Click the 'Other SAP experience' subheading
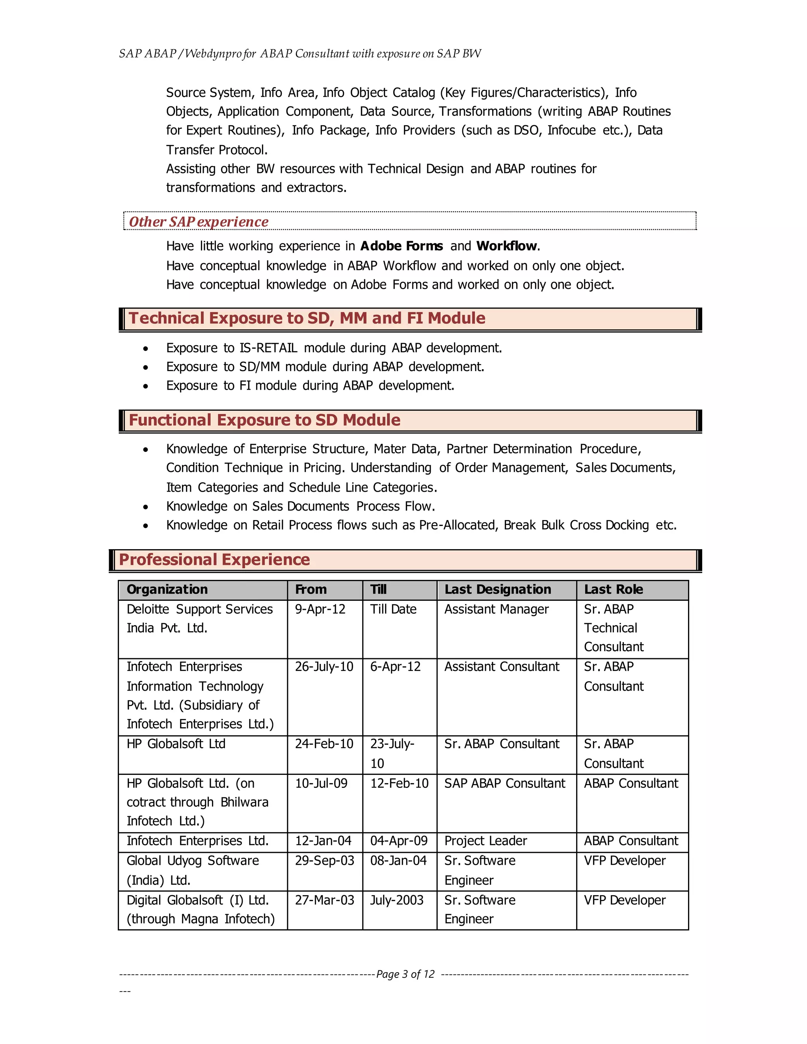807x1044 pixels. (199, 222)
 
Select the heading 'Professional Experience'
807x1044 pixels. (214, 559)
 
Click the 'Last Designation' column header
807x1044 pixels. (497, 589)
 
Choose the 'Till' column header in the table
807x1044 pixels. (378, 589)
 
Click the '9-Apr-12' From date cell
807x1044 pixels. (320, 609)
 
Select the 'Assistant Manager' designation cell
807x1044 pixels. (496, 609)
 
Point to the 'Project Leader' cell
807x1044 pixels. (485, 840)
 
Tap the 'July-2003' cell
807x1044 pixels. (396, 900)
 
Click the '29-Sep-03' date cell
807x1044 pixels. (324, 860)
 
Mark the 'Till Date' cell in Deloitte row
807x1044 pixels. (393, 609)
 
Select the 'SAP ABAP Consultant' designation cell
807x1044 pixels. (504, 783)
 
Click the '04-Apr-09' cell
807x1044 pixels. (399, 840)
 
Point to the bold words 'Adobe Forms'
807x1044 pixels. (402, 246)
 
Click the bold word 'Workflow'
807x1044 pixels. (507, 246)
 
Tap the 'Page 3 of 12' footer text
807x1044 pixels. (405, 974)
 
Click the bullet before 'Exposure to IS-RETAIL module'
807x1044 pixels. (145, 349)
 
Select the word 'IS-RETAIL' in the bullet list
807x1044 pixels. (268, 347)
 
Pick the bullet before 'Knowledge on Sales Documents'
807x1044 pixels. (145, 507)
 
